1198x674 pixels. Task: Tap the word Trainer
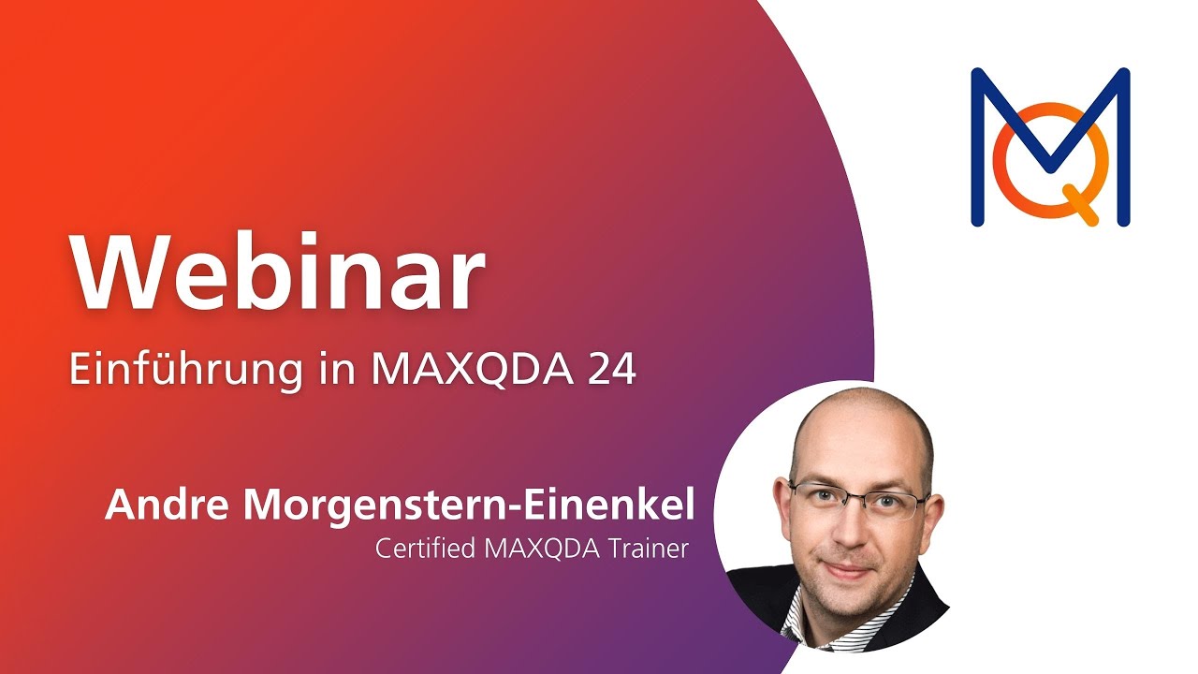pos(644,548)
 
